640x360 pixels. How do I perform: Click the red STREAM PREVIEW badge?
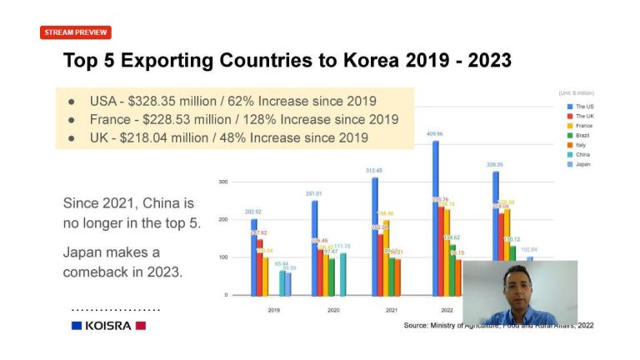tap(75, 32)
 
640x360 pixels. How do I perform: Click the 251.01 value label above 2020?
tap(312, 193)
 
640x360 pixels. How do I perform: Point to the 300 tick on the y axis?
tap(223, 182)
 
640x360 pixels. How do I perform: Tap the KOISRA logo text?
tap(107, 325)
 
